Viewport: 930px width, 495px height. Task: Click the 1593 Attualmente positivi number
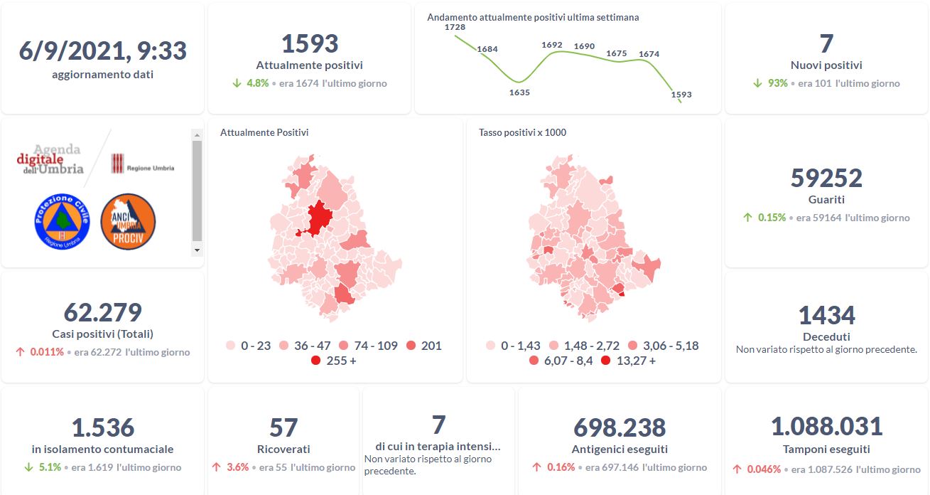pos(310,43)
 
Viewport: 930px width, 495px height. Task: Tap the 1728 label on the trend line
pos(455,27)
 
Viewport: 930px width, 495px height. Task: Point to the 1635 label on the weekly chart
pos(519,92)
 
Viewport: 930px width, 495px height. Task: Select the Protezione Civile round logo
pos(62,221)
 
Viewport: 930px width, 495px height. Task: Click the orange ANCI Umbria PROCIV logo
pos(128,221)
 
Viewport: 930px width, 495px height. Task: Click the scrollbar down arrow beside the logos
pos(197,250)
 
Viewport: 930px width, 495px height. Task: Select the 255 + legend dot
pos(315,361)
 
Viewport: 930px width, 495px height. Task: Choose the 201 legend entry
pos(422,346)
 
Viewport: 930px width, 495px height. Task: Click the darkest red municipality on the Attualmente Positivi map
pos(320,217)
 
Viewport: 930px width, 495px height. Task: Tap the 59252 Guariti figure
pos(826,178)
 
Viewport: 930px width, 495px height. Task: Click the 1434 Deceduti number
pos(826,315)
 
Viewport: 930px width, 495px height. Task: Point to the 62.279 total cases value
pos(103,312)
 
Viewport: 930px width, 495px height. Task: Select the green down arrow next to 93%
pos(757,83)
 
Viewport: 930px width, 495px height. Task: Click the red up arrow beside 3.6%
pos(217,467)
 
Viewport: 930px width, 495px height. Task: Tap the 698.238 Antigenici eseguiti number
pos(620,427)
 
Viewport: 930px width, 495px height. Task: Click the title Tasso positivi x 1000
pos(522,132)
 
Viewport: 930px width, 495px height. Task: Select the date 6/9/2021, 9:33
pos(103,51)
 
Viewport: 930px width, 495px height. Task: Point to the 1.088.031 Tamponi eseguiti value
pos(826,426)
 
